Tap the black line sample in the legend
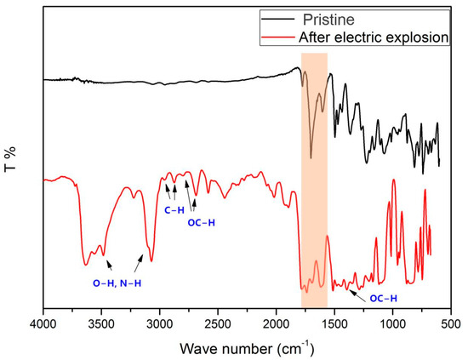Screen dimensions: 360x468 pyautogui.click(x=274, y=18)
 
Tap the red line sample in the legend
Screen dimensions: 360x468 pyautogui.click(x=274, y=36)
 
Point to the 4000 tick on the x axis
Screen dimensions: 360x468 pyautogui.click(x=43, y=324)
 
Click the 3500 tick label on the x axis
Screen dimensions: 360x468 pyautogui.click(x=100, y=324)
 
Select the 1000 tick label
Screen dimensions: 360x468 pyautogui.click(x=392, y=324)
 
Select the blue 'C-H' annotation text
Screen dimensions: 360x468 pyautogui.click(x=175, y=209)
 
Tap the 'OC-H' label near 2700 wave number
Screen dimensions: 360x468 pyautogui.click(x=202, y=223)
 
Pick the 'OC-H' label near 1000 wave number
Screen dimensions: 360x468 pyautogui.click(x=383, y=298)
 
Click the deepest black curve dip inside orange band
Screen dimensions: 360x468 pyautogui.click(x=311, y=157)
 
